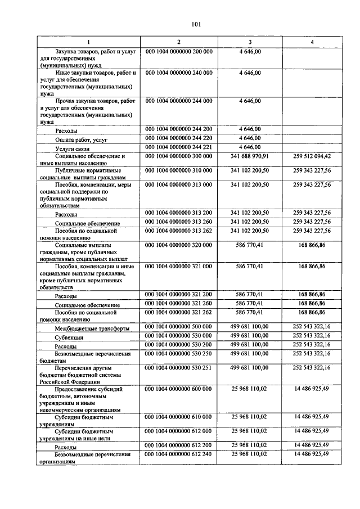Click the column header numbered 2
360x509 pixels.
(x=179, y=42)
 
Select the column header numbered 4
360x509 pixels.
(x=312, y=42)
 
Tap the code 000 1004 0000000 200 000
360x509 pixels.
(x=179, y=52)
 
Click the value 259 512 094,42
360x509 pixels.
(x=312, y=156)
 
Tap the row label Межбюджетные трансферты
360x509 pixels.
(x=92, y=328)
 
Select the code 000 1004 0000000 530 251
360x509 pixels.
(x=179, y=367)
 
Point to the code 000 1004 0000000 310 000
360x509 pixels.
(x=179, y=169)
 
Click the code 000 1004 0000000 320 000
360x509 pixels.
(x=179, y=245)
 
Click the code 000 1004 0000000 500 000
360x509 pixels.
(x=179, y=327)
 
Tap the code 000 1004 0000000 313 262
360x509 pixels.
(x=179, y=230)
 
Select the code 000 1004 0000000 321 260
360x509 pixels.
(x=179, y=303)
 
